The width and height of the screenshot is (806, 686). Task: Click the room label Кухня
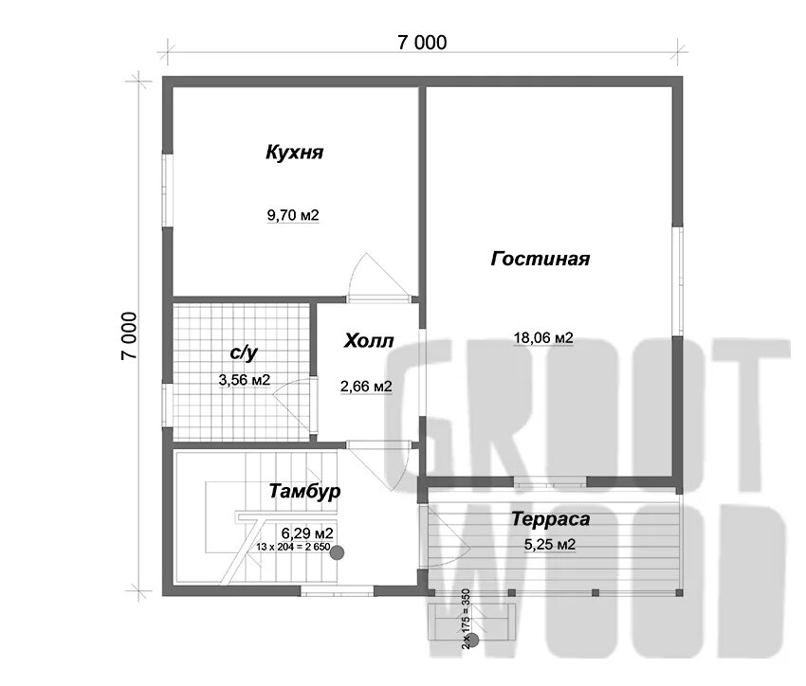click(295, 152)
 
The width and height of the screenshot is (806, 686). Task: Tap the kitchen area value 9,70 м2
click(293, 215)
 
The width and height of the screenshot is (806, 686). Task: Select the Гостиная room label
click(540, 259)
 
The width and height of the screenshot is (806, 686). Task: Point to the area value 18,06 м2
click(543, 337)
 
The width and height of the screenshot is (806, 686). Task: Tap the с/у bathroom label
click(244, 352)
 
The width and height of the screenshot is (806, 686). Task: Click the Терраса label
click(551, 519)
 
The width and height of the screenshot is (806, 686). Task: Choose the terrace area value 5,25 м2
click(551, 545)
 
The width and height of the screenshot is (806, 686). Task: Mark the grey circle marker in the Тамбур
click(337, 551)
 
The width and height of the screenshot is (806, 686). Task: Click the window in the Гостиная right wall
click(679, 280)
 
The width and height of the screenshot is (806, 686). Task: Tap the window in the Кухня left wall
click(167, 190)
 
